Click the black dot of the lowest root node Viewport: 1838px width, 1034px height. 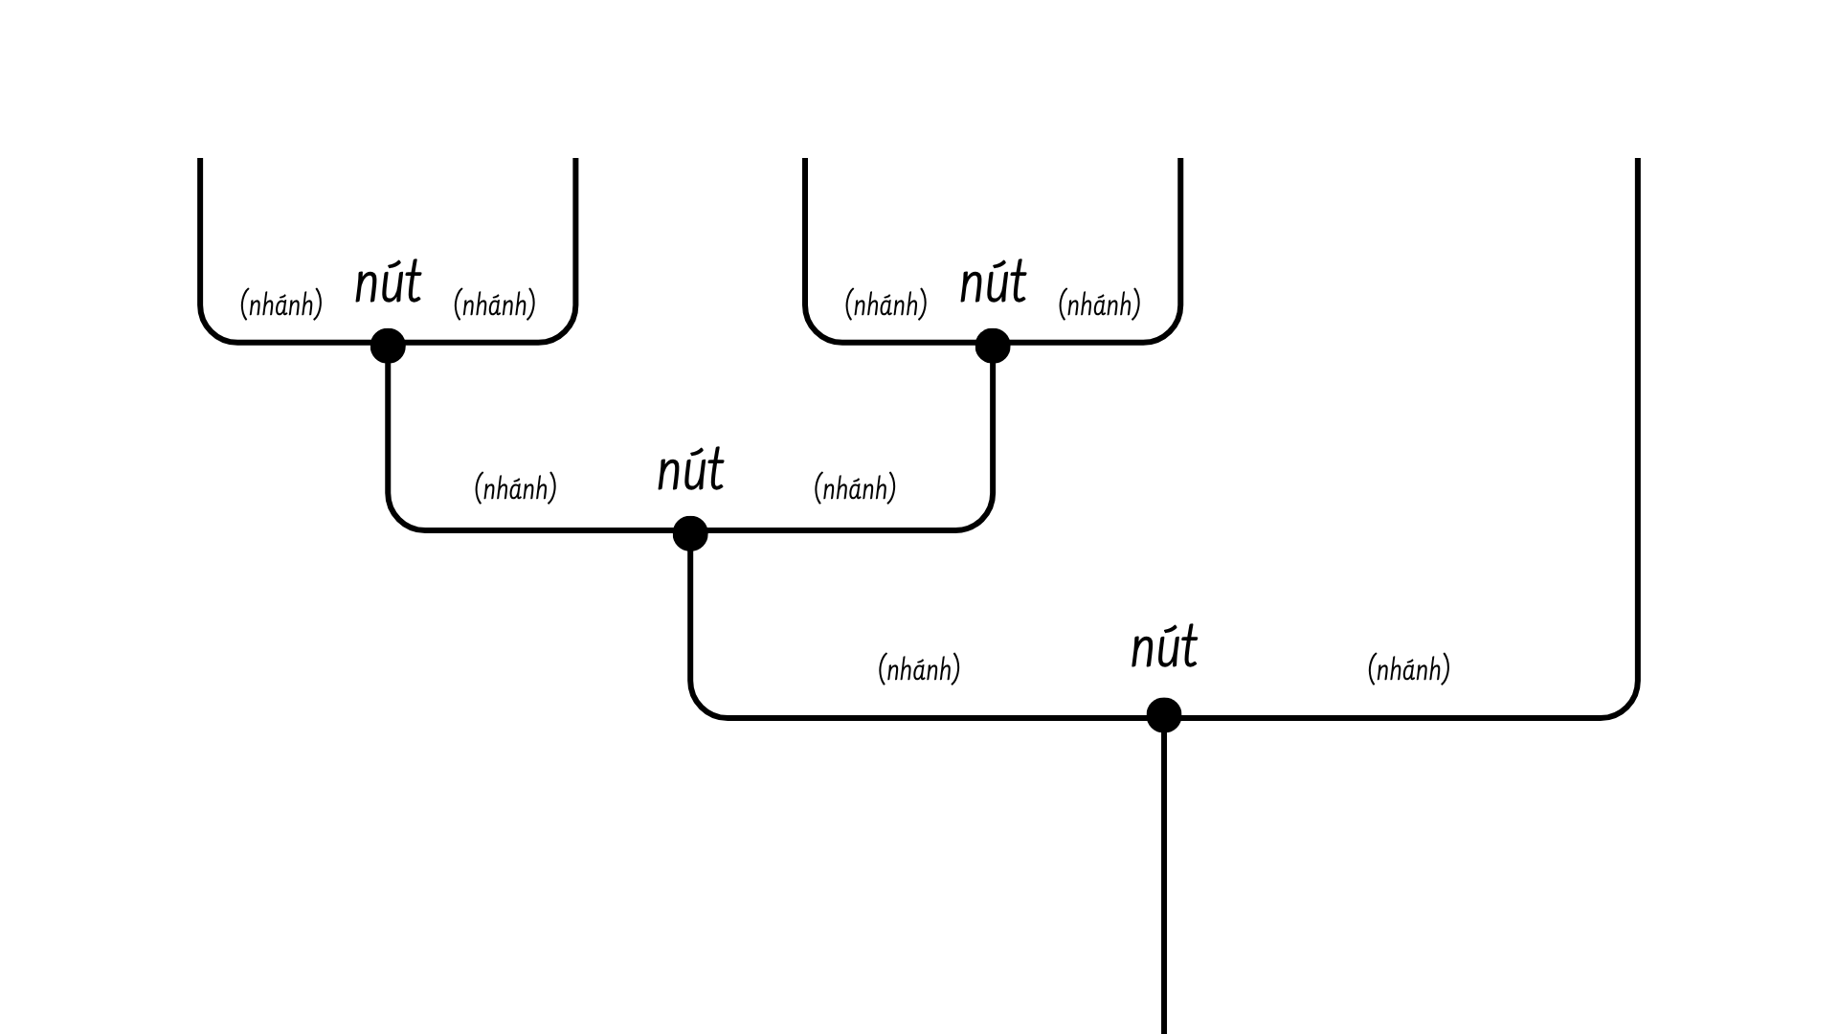pyautogui.click(x=1164, y=715)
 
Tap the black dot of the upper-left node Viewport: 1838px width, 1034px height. pyautogui.click(x=388, y=346)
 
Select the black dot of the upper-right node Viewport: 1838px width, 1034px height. pyautogui.click(x=993, y=346)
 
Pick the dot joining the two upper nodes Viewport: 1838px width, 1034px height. pyautogui.click(x=690, y=533)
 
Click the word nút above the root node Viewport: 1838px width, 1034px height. pyautogui.click(x=1164, y=648)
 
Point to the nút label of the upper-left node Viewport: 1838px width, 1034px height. pyautogui.click(x=388, y=283)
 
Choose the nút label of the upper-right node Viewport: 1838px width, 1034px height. pyautogui.click(x=993, y=283)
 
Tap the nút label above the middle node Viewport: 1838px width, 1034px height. pyautogui.click(x=690, y=471)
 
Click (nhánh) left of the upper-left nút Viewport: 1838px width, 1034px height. pyautogui.click(x=280, y=304)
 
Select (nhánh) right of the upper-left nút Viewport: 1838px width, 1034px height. pyautogui.click(x=494, y=304)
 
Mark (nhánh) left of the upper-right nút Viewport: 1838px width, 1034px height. pyautogui.click(x=885, y=304)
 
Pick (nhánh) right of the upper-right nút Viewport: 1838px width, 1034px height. pyautogui.click(x=1099, y=304)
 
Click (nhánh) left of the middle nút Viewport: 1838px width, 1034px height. pyautogui.click(x=515, y=488)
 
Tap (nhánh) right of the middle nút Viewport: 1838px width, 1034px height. pyautogui.click(x=855, y=488)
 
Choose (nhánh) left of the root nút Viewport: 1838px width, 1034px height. pyautogui.click(x=919, y=668)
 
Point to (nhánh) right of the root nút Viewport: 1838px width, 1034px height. pyautogui.click(x=1408, y=668)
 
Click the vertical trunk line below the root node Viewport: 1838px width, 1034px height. pyautogui.click(x=1164, y=881)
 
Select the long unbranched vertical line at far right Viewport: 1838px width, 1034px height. pyautogui.click(x=1638, y=421)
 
